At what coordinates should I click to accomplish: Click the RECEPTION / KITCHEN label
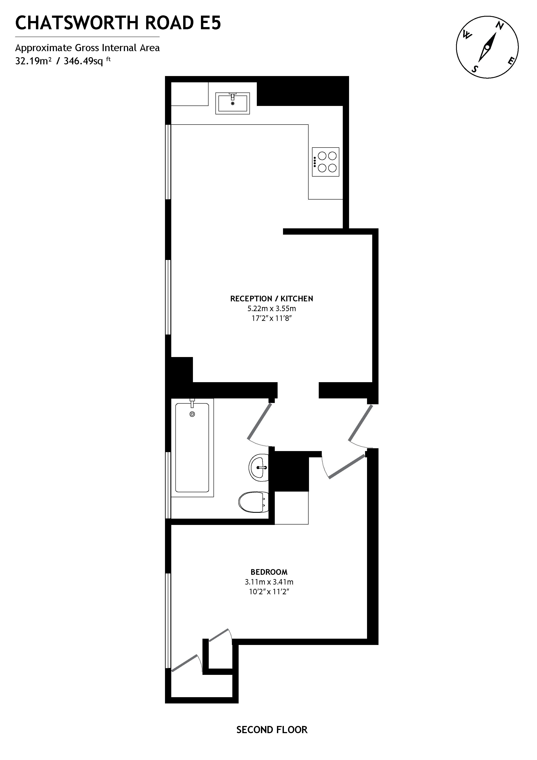(x=271, y=299)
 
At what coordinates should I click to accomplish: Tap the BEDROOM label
(x=269, y=572)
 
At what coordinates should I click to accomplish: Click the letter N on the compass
(x=500, y=26)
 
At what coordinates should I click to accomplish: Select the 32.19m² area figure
(x=33, y=61)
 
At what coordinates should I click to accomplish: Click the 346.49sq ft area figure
(x=87, y=61)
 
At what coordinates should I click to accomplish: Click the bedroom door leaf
(x=346, y=467)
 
